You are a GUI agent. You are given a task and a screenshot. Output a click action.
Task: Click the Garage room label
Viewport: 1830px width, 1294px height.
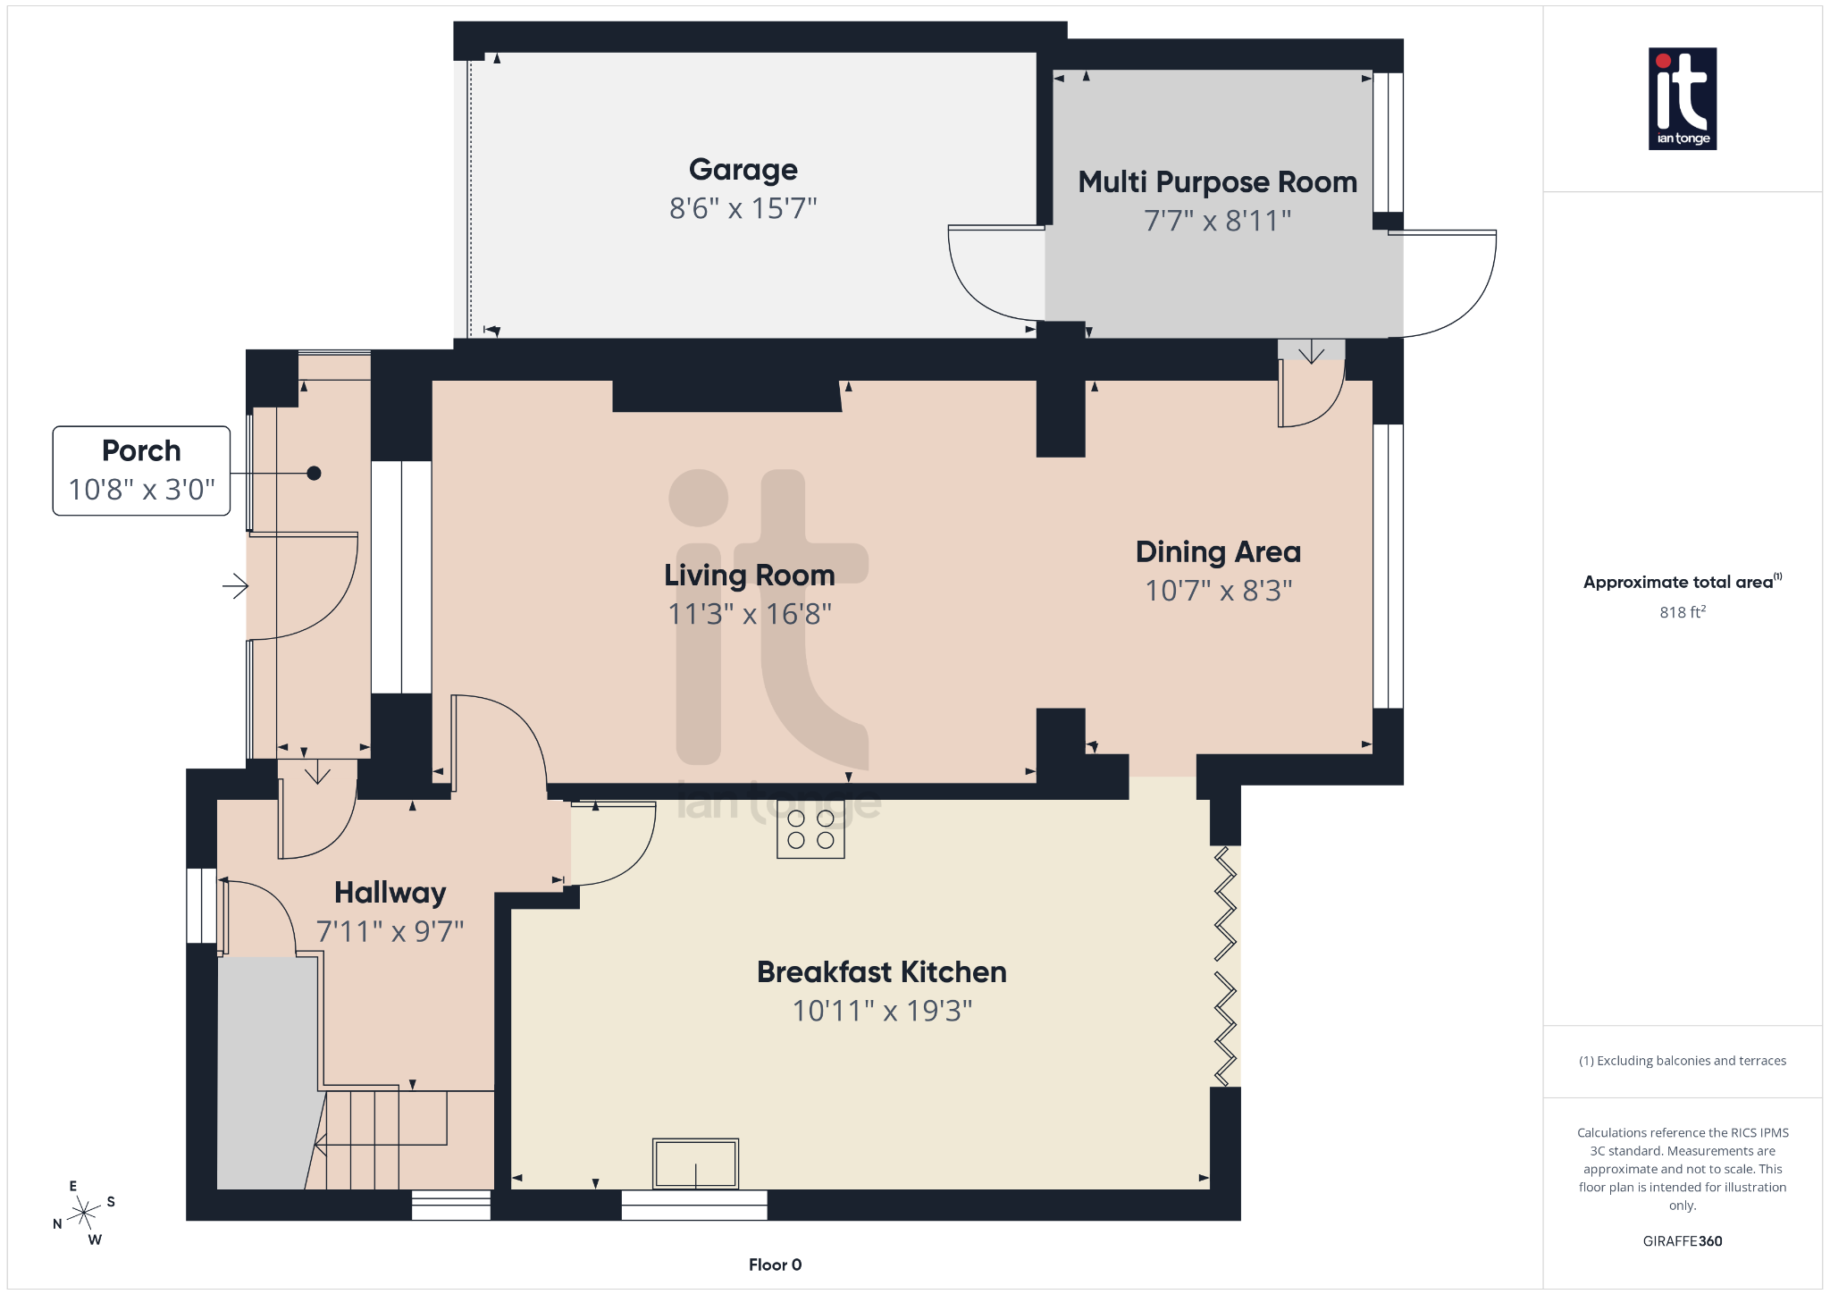[743, 170]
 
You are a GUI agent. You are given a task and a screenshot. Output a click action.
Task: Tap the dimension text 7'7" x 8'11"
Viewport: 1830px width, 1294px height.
[1217, 221]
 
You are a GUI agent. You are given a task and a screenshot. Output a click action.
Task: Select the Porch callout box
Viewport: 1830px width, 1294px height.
[141, 470]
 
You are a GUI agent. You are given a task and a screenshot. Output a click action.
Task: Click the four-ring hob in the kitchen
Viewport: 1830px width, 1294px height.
[810, 829]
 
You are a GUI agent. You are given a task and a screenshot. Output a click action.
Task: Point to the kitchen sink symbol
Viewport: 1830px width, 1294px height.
[695, 1163]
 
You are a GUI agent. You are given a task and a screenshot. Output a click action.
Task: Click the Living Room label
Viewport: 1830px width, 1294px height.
[749, 576]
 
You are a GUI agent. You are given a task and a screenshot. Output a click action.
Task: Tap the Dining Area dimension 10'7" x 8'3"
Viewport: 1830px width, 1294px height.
[1218, 591]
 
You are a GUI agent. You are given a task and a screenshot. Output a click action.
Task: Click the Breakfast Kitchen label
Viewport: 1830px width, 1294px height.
[881, 972]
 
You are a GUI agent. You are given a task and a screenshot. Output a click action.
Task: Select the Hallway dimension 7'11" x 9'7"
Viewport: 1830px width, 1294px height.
[390, 932]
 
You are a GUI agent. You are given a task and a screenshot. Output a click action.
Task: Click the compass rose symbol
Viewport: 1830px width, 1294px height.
[84, 1213]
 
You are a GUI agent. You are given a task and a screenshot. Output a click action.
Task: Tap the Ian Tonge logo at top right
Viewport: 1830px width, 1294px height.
[1682, 98]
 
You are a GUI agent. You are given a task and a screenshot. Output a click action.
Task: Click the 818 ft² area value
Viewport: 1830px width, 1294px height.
[1682, 612]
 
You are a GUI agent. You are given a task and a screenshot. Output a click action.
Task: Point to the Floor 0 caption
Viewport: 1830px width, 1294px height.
[775, 1265]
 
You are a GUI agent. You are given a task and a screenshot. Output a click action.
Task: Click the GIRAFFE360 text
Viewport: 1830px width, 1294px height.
[1682, 1241]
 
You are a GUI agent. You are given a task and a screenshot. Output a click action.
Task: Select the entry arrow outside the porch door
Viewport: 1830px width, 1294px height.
[235, 586]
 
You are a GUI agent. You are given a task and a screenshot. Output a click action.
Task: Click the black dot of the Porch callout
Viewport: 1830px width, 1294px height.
[314, 474]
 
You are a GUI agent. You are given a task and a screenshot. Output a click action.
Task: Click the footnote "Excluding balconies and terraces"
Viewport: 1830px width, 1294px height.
[1682, 1061]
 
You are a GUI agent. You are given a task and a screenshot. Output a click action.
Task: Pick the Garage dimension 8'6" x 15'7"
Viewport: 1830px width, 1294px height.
[743, 209]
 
